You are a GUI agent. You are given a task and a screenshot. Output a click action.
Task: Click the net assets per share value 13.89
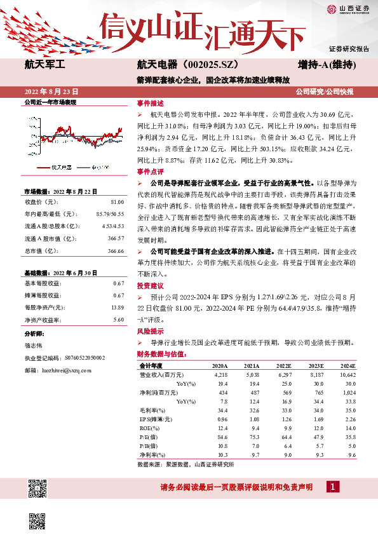pos(117,307)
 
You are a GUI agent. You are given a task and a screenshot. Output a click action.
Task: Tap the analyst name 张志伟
pos(35,346)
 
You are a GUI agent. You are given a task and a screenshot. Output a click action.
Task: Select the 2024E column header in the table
pos(365,367)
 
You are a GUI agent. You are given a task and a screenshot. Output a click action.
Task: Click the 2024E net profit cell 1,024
pos(364,393)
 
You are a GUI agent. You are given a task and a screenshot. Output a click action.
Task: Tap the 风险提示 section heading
pos(150,331)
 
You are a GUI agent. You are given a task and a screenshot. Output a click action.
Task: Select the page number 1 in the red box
pos(332,487)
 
